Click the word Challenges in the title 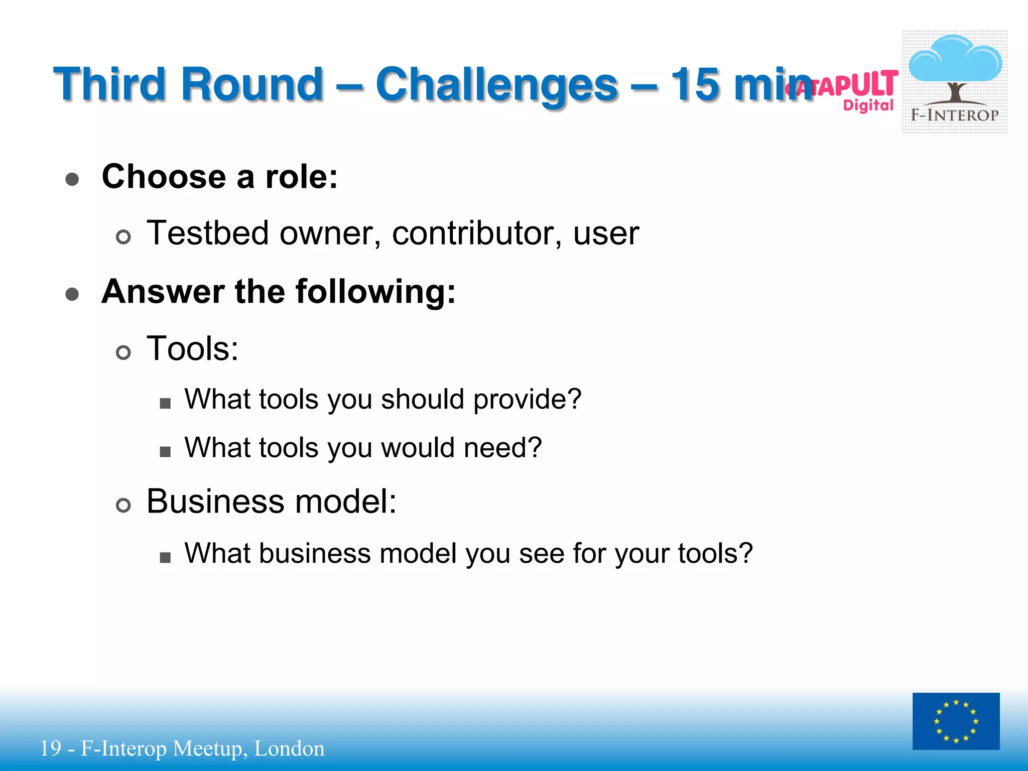[496, 84]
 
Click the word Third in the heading [109, 84]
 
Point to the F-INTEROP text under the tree [955, 115]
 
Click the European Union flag [956, 721]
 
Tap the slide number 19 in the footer [50, 748]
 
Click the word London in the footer [289, 748]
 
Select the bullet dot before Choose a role [72, 179]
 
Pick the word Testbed [207, 233]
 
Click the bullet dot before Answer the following [72, 294]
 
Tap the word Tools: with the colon [192, 348]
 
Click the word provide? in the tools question [527, 400]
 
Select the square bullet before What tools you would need [165, 452]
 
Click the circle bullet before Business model [123, 505]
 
